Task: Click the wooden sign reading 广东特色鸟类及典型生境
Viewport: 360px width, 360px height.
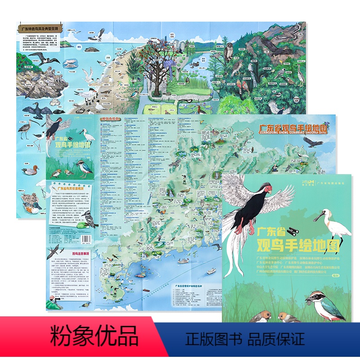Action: pos(43,28)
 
